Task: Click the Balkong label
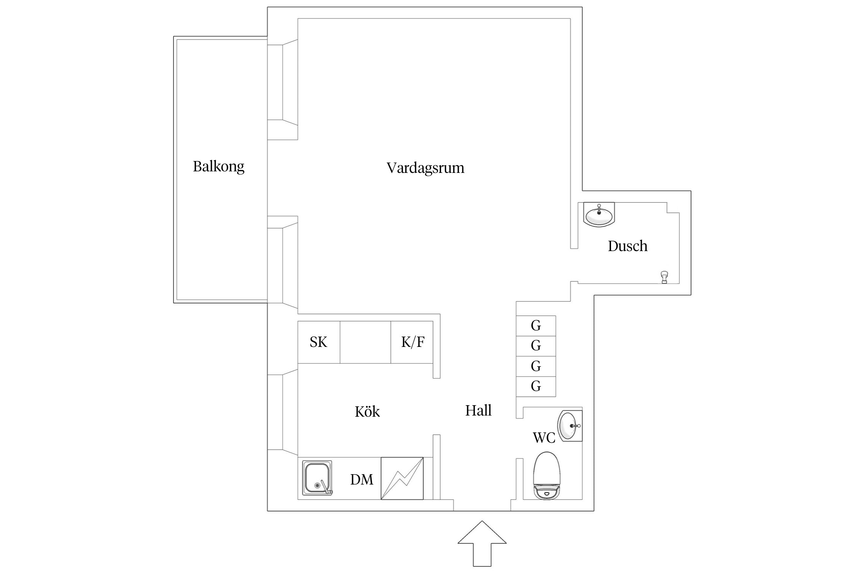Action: pyautogui.click(x=218, y=167)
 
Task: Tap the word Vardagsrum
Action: pyautogui.click(x=425, y=168)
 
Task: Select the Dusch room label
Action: pyautogui.click(x=627, y=246)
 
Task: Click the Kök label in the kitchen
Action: pyautogui.click(x=367, y=412)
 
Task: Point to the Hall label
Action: pyautogui.click(x=478, y=411)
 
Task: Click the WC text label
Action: pyautogui.click(x=544, y=437)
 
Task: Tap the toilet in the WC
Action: pyautogui.click(x=547, y=476)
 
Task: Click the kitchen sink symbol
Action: pyautogui.click(x=317, y=478)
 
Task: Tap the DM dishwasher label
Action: pyautogui.click(x=361, y=480)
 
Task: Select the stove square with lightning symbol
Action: pyautogui.click(x=402, y=478)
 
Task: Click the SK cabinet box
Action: pyautogui.click(x=319, y=342)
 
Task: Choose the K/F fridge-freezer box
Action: pyautogui.click(x=412, y=342)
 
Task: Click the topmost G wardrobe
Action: pyautogui.click(x=536, y=326)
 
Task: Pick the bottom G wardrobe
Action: pyautogui.click(x=536, y=386)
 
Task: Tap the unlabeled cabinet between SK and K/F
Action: pyautogui.click(x=365, y=342)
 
